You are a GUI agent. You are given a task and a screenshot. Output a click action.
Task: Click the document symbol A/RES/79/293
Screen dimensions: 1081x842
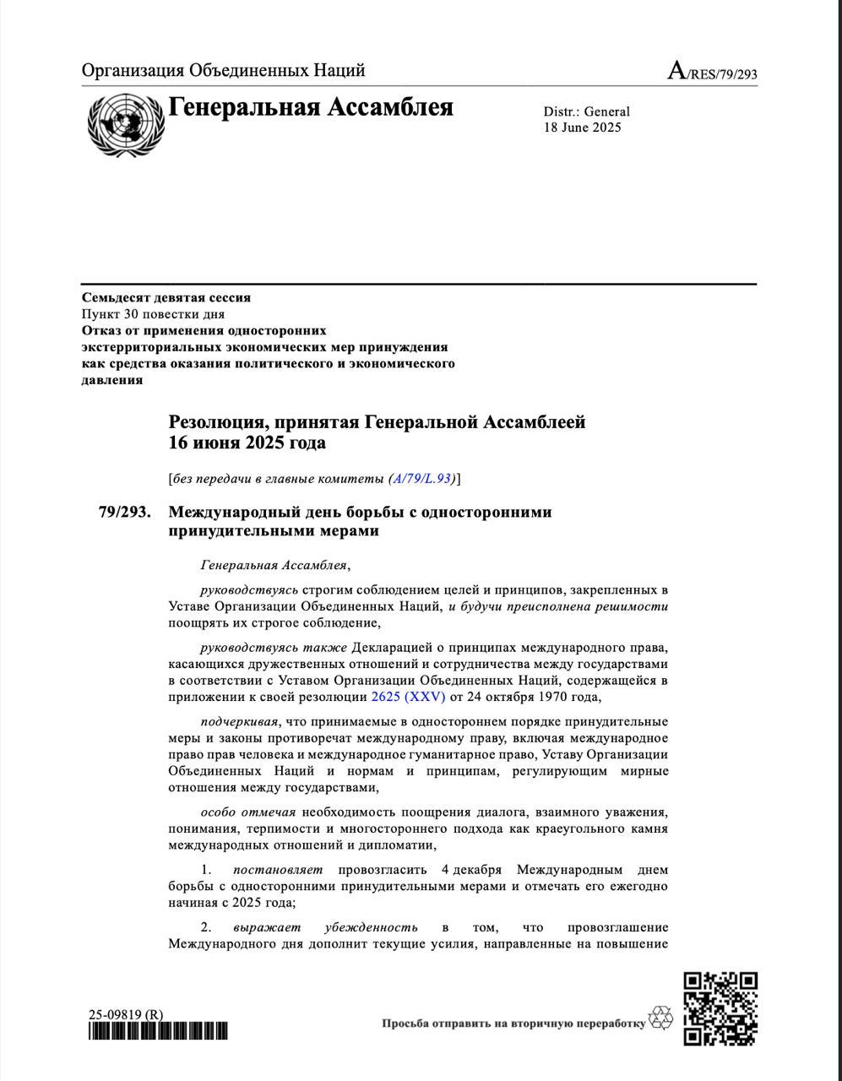pyautogui.click(x=712, y=72)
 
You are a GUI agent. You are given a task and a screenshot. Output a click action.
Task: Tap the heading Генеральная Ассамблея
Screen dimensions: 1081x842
pyautogui.click(x=311, y=108)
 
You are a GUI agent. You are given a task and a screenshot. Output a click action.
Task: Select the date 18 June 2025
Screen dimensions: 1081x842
pyautogui.click(x=582, y=128)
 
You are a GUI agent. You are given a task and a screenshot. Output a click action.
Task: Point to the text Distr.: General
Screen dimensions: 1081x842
pyautogui.click(x=586, y=111)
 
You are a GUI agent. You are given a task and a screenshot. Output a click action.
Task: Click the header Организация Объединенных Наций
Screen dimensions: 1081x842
pyautogui.click(x=223, y=70)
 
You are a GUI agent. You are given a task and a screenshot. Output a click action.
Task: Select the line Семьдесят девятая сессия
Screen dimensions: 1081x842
pyautogui.click(x=166, y=297)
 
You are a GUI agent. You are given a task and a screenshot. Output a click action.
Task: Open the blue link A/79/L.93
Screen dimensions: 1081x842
pyautogui.click(x=421, y=479)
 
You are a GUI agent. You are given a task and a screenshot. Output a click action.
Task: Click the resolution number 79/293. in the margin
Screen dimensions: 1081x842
pyautogui.click(x=124, y=513)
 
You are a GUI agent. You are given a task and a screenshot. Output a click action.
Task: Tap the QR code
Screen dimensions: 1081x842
pyautogui.click(x=720, y=1008)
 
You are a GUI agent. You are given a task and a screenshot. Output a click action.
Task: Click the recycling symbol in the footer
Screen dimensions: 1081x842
pyautogui.click(x=660, y=1018)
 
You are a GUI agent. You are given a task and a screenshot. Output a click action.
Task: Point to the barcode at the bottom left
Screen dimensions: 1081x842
pyautogui.click(x=158, y=1031)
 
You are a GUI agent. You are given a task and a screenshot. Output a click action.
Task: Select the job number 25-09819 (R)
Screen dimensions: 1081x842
pyautogui.click(x=126, y=1014)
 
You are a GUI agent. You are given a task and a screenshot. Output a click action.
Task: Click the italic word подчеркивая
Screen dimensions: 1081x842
pyautogui.click(x=236, y=721)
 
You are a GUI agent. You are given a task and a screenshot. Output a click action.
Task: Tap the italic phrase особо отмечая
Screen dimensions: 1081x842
pyautogui.click(x=247, y=812)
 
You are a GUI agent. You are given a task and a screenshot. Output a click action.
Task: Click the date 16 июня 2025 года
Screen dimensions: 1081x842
pyautogui.click(x=247, y=443)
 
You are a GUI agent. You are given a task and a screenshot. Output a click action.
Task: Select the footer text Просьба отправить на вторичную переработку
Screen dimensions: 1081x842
pyautogui.click(x=513, y=1024)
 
